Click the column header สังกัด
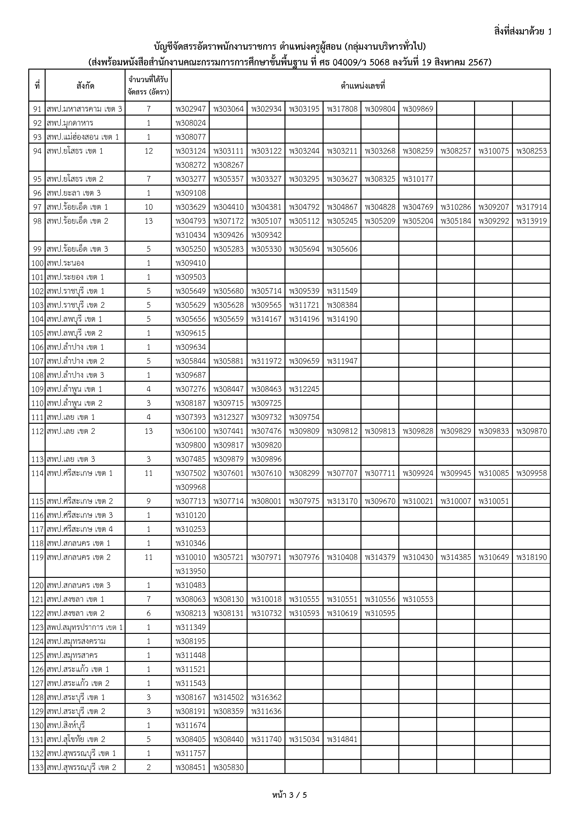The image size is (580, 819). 85,86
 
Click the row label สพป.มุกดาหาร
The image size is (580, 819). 70,123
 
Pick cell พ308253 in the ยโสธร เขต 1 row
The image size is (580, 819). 531,151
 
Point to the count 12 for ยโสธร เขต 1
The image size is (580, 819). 149,151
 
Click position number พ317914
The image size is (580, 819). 531,207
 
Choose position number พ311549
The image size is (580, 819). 342,291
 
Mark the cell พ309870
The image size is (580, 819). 531,431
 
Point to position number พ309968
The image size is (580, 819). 191,487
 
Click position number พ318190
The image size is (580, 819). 531,557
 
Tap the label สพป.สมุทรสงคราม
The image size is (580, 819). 76,641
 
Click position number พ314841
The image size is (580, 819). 342,739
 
